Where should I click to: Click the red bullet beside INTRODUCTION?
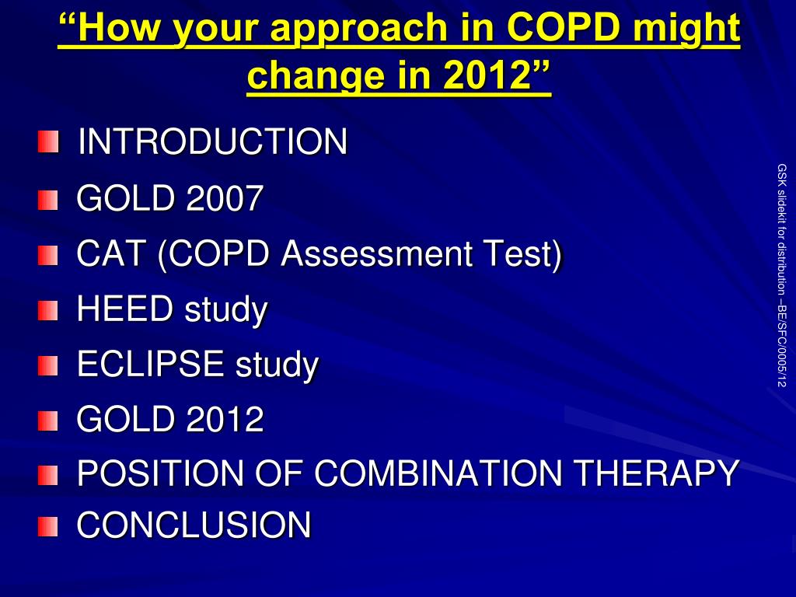coord(48,141)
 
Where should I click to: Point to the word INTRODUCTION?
coord(213,141)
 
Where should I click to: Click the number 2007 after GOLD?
coord(225,197)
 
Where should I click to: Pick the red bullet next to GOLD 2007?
coord(47,200)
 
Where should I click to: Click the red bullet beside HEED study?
coord(47,311)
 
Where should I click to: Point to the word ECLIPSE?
coord(151,364)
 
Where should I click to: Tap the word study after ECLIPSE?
coord(278,365)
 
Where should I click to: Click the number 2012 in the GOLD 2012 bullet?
coord(225,419)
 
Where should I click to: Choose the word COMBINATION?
coord(438,473)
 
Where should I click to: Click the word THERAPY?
coord(657,473)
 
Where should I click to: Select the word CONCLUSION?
coord(194,525)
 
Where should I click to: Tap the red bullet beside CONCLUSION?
coord(47,526)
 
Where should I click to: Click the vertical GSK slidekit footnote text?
coord(782,275)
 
